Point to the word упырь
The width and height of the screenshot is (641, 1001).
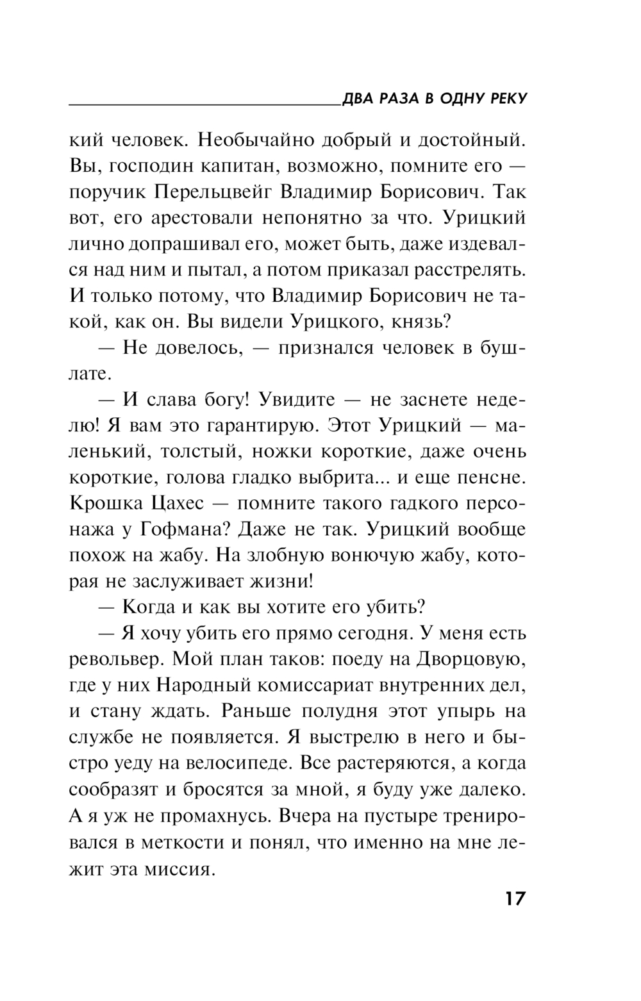coord(463,712)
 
